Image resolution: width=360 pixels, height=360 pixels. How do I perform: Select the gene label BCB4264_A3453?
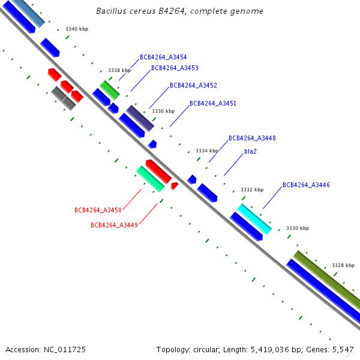tap(175, 68)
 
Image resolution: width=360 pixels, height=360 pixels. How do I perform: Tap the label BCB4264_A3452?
tap(193, 86)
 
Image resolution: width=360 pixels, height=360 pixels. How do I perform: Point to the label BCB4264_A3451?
tap(213, 104)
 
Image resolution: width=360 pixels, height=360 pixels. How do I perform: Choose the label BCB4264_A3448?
tap(252, 139)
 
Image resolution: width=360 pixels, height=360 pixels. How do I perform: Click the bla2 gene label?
tap(250, 152)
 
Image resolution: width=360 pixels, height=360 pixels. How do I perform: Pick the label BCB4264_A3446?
tap(306, 185)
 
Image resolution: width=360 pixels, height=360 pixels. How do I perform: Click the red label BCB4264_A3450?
tap(98, 211)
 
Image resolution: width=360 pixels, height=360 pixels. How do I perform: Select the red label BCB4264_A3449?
tap(114, 226)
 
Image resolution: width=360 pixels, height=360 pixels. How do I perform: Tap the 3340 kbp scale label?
tap(76, 29)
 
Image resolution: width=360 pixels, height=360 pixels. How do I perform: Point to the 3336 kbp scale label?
tap(163, 111)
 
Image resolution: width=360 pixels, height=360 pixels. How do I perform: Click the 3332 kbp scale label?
tap(252, 190)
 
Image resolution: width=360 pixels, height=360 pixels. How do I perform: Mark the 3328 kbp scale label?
tap(343, 265)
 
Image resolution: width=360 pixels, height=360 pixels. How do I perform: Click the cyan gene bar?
tap(254, 219)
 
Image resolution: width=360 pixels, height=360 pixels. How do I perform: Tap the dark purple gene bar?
tap(140, 118)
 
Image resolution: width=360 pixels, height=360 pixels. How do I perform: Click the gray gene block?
tap(64, 98)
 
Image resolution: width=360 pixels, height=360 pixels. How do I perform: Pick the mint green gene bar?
tap(151, 179)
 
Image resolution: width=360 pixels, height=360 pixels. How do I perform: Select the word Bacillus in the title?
tap(112, 11)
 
